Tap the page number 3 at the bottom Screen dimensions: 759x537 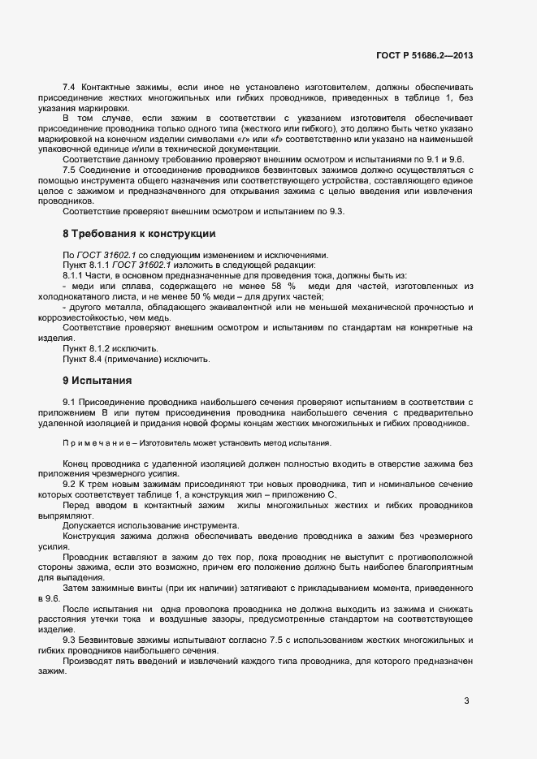[x=466, y=701]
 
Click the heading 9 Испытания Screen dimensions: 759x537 [x=97, y=380]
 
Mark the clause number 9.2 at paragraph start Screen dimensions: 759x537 [x=69, y=484]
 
